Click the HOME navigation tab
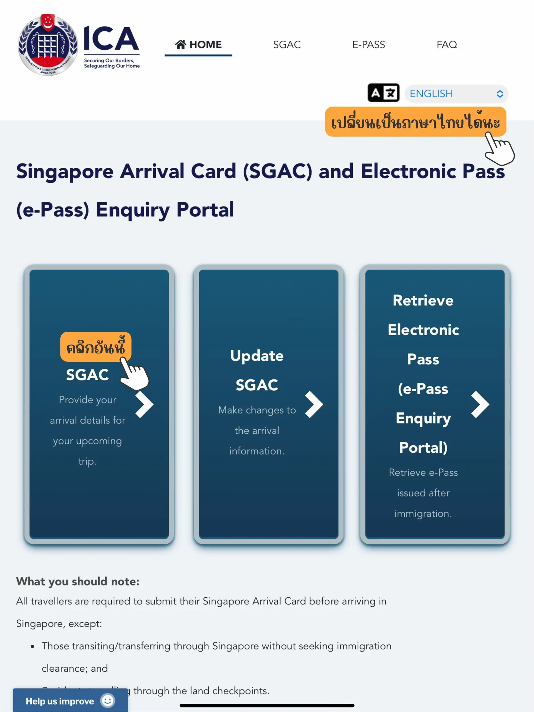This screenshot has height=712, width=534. click(198, 44)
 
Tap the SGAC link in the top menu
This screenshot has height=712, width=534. click(287, 44)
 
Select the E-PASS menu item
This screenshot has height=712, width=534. click(368, 44)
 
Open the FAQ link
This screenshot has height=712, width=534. click(447, 44)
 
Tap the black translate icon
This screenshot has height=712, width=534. click(383, 93)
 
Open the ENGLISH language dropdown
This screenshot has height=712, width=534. click(456, 94)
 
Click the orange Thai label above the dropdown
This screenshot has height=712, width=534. click(415, 122)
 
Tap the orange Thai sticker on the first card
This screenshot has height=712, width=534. click(96, 347)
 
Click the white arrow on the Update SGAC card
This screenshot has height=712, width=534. click(313, 405)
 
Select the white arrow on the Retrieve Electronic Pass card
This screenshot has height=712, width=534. click(480, 405)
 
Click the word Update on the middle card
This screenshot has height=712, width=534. click(257, 356)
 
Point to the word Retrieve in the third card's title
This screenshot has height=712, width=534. click(423, 300)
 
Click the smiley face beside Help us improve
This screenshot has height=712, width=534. click(108, 700)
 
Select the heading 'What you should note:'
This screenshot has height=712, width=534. click(78, 581)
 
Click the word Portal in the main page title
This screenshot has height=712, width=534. click(205, 210)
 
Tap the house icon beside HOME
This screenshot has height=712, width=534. click(181, 44)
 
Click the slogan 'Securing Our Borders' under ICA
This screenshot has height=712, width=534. click(109, 61)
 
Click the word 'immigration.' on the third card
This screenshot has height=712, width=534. click(423, 514)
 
